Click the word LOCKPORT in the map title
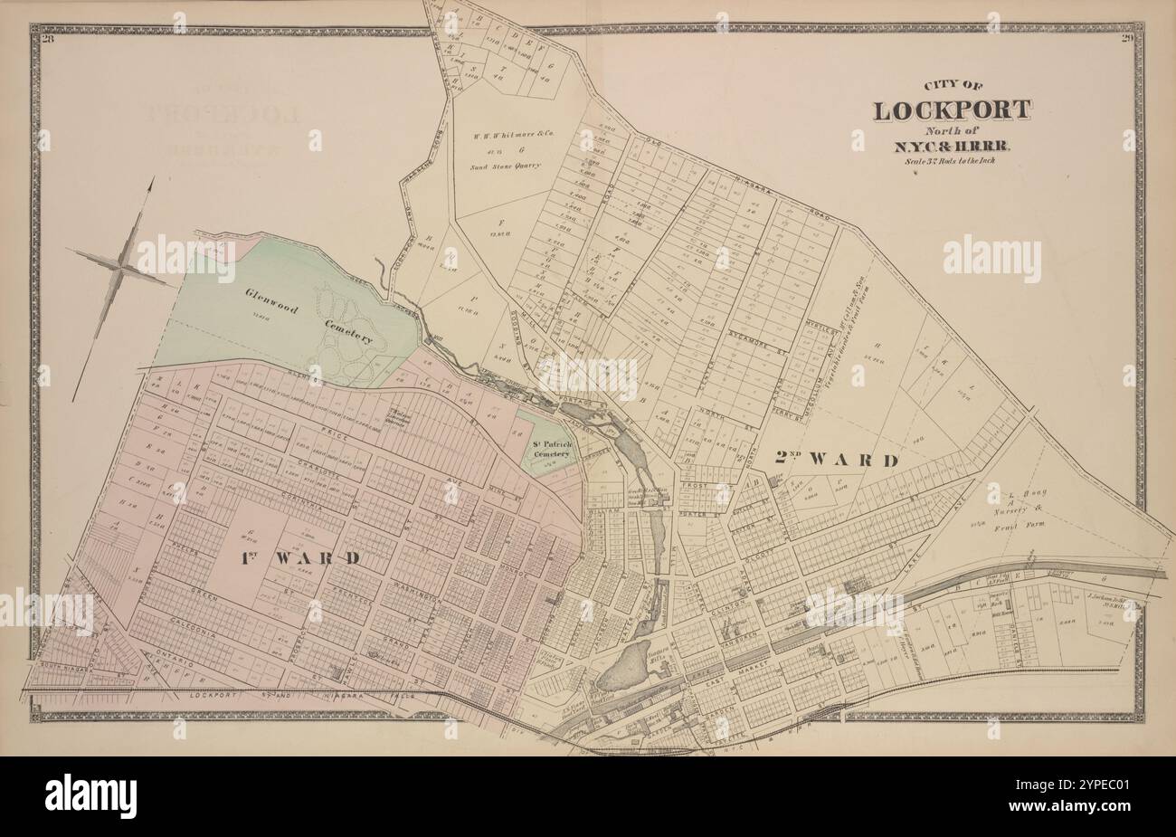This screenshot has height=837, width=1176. pos(951,111)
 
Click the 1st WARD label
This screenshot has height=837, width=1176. pos(301,556)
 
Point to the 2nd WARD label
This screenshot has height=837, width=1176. pos(837,460)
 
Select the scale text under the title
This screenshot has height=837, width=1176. pos(951,161)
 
